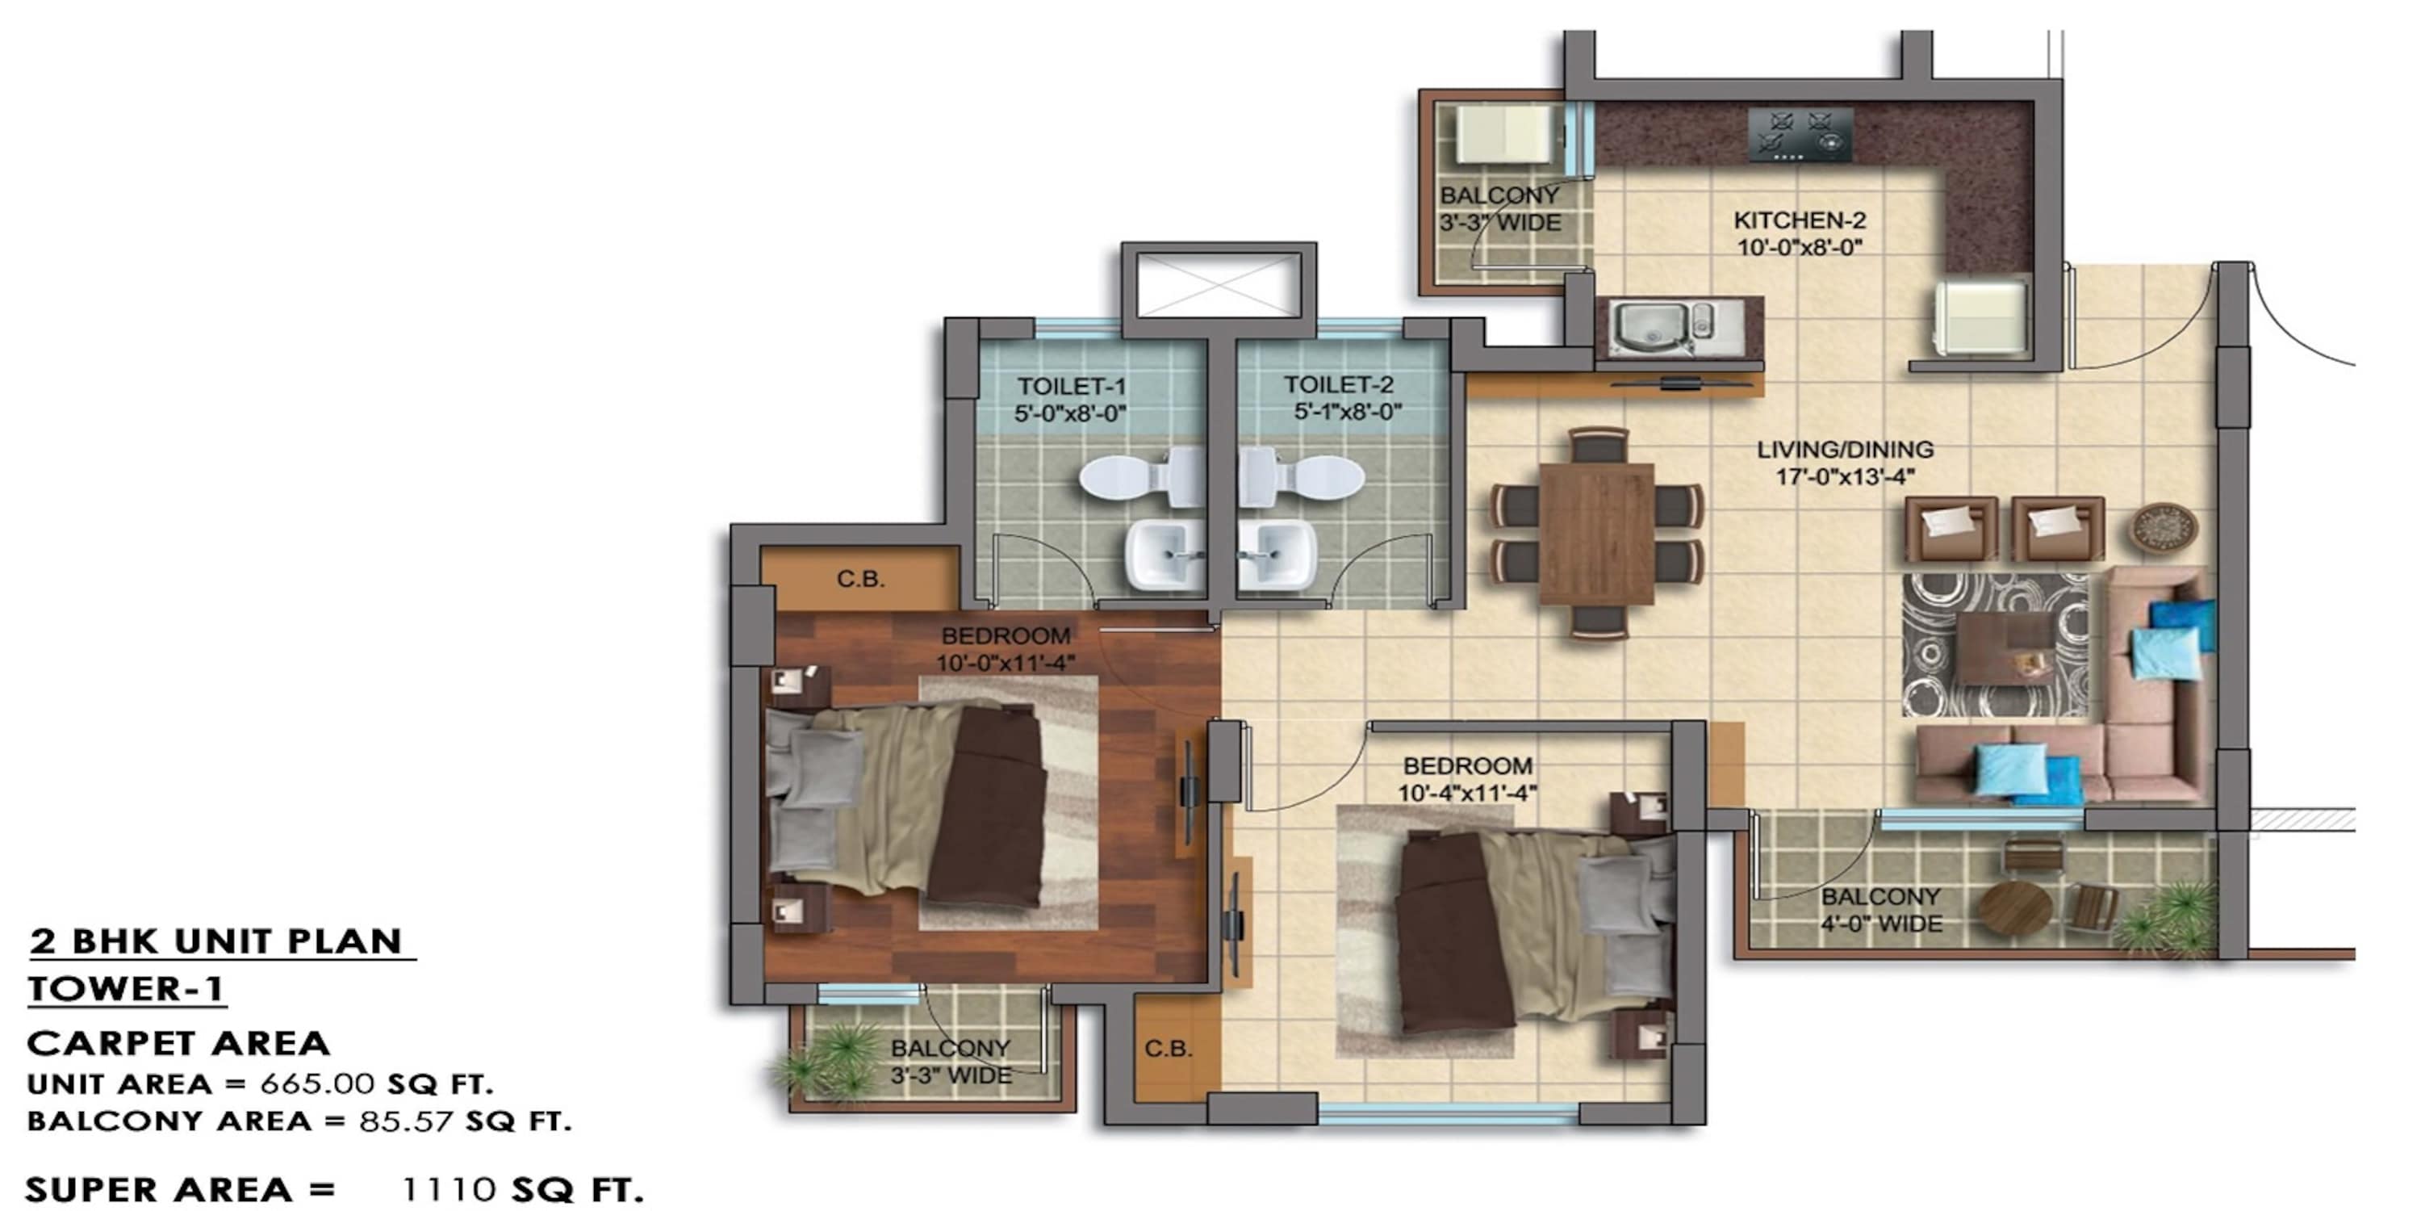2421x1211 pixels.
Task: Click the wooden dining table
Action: pyautogui.click(x=1597, y=533)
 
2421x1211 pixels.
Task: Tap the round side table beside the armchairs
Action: pyautogui.click(x=2163, y=526)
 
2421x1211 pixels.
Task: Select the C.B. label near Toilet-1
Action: pyautogui.click(x=860, y=579)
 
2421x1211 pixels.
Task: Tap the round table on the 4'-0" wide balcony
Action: pyautogui.click(x=2015, y=907)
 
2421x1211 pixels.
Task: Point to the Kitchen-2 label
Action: pyautogui.click(x=1799, y=221)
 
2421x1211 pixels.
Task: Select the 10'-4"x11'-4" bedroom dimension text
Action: pyautogui.click(x=1467, y=793)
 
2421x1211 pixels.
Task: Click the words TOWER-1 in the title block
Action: pyautogui.click(x=126, y=988)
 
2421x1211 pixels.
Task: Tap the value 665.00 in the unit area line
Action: pyautogui.click(x=318, y=1084)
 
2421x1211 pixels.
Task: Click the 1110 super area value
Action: pyautogui.click(x=449, y=1189)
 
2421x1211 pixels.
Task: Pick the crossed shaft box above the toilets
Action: pyautogui.click(x=1218, y=285)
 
